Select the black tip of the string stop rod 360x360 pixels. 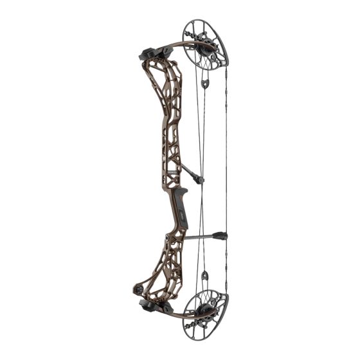(x=223, y=235)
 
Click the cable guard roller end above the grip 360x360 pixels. (x=201, y=180)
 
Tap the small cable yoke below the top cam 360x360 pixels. (x=205, y=83)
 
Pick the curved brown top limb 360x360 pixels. (x=170, y=46)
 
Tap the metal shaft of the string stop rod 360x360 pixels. (x=199, y=237)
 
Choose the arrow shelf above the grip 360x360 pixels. (x=182, y=190)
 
